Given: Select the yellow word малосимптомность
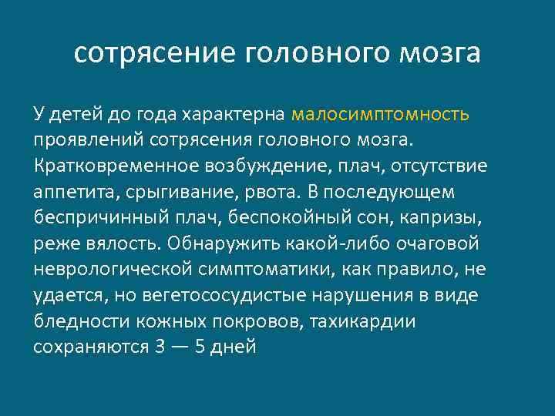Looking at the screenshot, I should [380, 115].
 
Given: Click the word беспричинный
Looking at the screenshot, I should [95, 218].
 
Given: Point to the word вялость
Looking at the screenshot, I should [112, 243].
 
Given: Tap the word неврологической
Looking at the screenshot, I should [113, 270].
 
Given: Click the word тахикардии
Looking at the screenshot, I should [362, 321].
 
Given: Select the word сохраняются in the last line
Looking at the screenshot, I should [91, 347].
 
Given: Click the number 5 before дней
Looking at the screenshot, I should [201, 347].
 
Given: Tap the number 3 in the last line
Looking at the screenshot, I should [159, 347].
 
